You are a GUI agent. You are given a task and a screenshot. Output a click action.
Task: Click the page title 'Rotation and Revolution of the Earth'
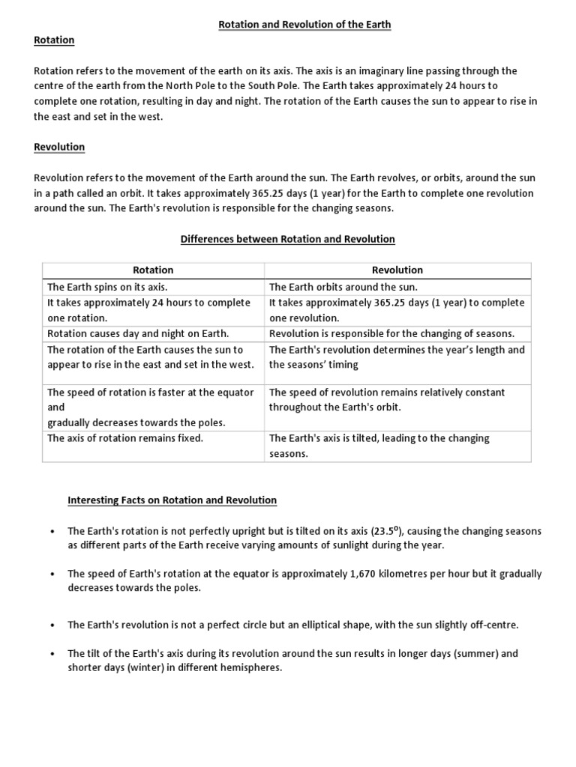pyautogui.click(x=304, y=25)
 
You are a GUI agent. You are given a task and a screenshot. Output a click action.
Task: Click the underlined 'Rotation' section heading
pyautogui.click(x=54, y=40)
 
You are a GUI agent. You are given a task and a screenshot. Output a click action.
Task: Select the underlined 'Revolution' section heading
pyautogui.click(x=59, y=147)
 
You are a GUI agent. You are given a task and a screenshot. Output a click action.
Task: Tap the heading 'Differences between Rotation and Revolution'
pyautogui.click(x=287, y=239)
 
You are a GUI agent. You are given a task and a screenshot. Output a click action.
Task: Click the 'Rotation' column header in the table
pyautogui.click(x=153, y=270)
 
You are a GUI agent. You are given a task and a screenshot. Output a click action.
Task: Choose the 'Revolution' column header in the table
pyautogui.click(x=397, y=270)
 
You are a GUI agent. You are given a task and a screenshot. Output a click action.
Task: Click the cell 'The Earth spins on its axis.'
pyautogui.click(x=108, y=287)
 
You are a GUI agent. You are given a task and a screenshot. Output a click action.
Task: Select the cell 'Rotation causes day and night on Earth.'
pyautogui.click(x=138, y=333)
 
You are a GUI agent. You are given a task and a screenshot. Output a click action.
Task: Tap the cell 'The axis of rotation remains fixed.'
pyautogui.click(x=125, y=438)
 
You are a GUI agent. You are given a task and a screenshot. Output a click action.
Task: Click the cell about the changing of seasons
pyautogui.click(x=391, y=333)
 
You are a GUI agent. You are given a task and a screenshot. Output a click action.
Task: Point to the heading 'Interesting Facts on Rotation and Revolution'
pyautogui.click(x=172, y=500)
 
